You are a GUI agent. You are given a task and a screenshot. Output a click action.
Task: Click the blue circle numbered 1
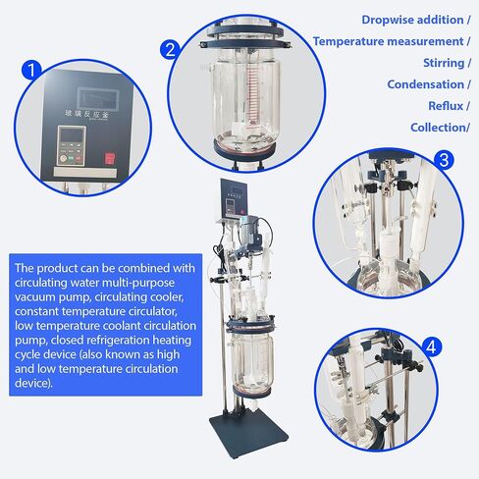31,71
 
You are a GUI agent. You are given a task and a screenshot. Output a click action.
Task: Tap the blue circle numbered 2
170,48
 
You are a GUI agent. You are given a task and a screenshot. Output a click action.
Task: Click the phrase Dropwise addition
411,19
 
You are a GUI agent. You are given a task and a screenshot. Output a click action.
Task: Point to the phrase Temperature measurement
387,41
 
